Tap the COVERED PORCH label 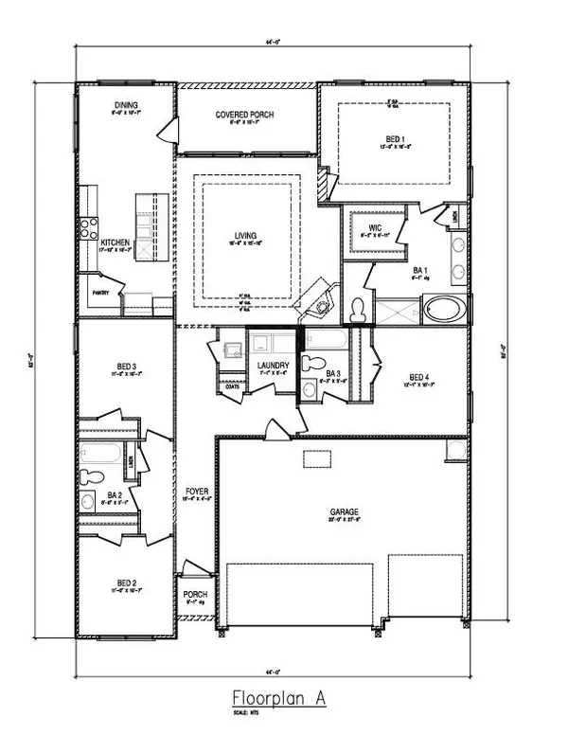point(244,115)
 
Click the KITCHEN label point(115,242)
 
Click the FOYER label point(196,491)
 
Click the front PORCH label point(194,592)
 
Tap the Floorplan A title point(282,695)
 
